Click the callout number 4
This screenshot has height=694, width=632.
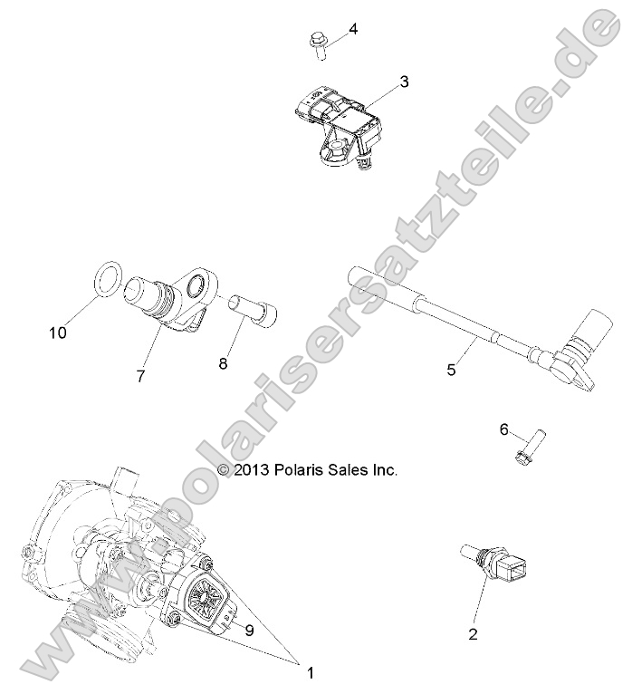click(x=353, y=29)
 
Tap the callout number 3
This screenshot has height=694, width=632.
click(x=404, y=82)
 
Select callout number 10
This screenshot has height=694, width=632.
click(x=58, y=333)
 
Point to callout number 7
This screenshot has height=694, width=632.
click(x=140, y=376)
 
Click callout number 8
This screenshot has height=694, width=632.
click(x=223, y=363)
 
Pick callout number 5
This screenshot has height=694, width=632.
click(x=453, y=369)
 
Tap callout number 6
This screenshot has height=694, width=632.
click(x=503, y=429)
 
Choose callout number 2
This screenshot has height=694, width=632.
click(x=472, y=634)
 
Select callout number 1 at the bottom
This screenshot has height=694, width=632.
click(x=311, y=672)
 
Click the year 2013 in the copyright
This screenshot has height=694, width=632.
click(x=254, y=469)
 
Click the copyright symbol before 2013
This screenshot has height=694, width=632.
click(x=225, y=469)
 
